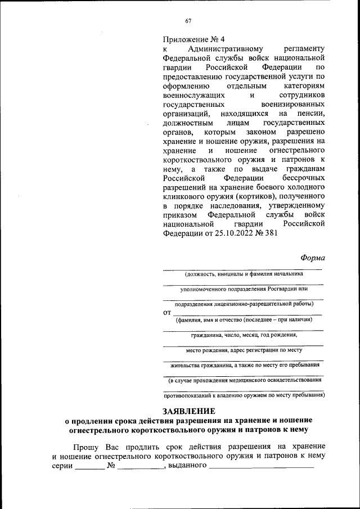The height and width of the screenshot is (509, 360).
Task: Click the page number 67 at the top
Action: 188,21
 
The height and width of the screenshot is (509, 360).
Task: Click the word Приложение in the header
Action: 184,39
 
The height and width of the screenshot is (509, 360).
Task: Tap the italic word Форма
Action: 312,258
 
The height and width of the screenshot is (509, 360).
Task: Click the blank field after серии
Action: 90,466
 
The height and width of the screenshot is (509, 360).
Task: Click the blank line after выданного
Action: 261,466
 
